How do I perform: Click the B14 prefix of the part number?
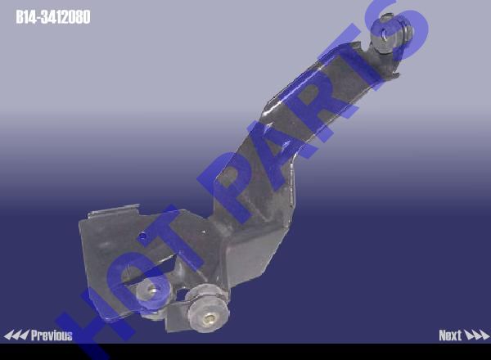coord(27,17)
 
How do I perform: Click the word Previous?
coord(52,335)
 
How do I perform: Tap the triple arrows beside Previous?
coord(16,335)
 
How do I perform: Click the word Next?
coord(450,335)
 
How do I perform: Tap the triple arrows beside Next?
coord(476,335)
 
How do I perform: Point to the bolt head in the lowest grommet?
coord(209,319)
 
